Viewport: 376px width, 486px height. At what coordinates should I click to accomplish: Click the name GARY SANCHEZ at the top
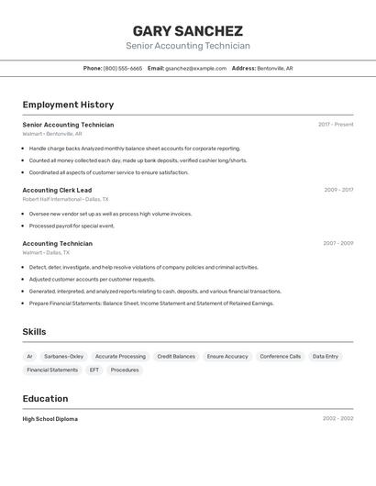[187, 30]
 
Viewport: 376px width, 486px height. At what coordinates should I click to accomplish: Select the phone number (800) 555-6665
[123, 68]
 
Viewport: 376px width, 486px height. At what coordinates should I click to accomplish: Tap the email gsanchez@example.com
[195, 68]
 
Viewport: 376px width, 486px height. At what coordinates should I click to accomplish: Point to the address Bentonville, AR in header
[274, 68]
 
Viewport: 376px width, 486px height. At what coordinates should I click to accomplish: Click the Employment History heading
[68, 105]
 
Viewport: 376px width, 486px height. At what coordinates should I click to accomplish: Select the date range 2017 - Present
[336, 125]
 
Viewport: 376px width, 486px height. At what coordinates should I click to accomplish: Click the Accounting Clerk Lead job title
[57, 190]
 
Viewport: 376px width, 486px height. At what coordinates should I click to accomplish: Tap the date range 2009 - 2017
[338, 190]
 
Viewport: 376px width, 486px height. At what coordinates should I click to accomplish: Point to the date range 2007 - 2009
[337, 243]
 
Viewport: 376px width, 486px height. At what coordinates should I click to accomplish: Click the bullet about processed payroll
[72, 226]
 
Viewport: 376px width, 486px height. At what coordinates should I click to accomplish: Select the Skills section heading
[34, 332]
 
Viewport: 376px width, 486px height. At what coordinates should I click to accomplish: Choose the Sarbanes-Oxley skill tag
[63, 356]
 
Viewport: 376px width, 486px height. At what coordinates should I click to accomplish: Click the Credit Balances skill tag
[176, 356]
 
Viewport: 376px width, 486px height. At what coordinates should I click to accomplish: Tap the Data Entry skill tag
[325, 356]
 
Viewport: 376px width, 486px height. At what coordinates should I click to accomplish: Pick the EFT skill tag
[94, 370]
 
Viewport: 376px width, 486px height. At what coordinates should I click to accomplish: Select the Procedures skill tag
[125, 370]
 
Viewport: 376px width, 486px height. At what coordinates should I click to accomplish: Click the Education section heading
[45, 399]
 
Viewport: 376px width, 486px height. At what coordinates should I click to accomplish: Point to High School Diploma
[50, 419]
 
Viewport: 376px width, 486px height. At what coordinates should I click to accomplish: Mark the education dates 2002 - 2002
[337, 419]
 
